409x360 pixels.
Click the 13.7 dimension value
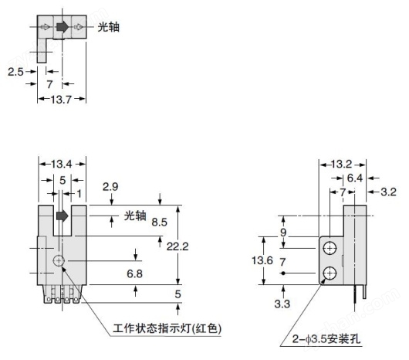pos(61,99)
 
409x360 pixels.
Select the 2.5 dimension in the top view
pos(15,72)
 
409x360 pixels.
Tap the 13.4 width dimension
pos(61,165)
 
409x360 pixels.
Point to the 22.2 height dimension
pos(177,246)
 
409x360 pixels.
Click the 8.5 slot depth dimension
pos(160,222)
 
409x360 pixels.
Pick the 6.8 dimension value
pos(134,273)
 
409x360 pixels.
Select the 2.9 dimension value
pos(110,187)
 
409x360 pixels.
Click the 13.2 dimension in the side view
pos(341,165)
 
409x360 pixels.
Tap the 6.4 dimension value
pos(355,178)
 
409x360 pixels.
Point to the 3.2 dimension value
pos(388,192)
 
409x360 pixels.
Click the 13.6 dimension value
pos(262,260)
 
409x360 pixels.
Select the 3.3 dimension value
pos(282,304)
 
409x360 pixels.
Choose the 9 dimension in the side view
pos(283,232)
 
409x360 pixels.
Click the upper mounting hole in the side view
pos(330,248)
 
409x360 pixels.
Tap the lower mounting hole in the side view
pos(330,273)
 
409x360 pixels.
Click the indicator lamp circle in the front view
pos(59,260)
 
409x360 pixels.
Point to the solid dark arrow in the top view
pos(63,26)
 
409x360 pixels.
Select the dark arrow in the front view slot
pos(62,216)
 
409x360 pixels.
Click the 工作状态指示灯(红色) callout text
pos(167,328)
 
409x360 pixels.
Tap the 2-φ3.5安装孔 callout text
pos(326,339)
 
